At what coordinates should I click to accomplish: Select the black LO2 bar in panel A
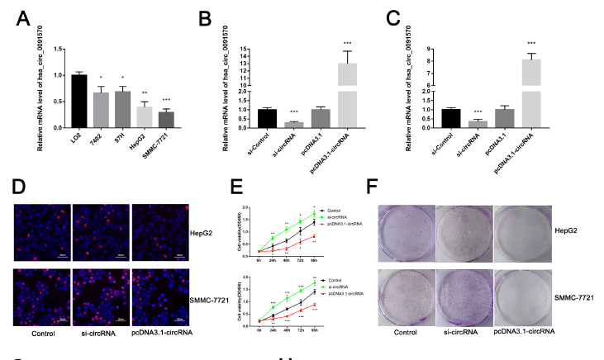point(78,101)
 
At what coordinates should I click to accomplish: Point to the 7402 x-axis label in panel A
point(98,138)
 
